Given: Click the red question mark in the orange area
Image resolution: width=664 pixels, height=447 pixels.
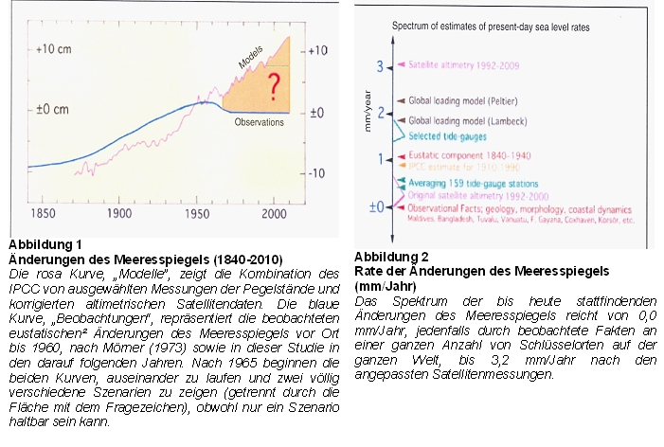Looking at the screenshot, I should point(274,88).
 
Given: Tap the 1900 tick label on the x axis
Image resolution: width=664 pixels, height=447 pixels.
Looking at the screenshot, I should point(119,214).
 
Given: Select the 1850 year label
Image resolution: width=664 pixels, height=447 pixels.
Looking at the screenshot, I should point(40,214).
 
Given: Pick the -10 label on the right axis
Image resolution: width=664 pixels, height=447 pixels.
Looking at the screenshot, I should point(318,172).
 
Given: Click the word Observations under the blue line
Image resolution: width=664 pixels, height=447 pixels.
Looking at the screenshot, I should point(259,121).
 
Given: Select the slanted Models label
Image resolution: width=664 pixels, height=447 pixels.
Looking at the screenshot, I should point(249,61).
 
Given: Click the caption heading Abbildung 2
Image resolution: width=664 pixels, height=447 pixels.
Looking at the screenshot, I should point(391,257).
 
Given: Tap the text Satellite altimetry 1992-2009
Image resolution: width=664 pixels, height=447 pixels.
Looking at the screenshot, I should point(465,65).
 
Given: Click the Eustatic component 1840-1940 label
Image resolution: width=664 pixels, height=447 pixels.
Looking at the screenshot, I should point(464,155).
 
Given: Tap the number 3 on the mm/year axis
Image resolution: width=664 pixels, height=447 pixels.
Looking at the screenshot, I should point(379,66).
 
